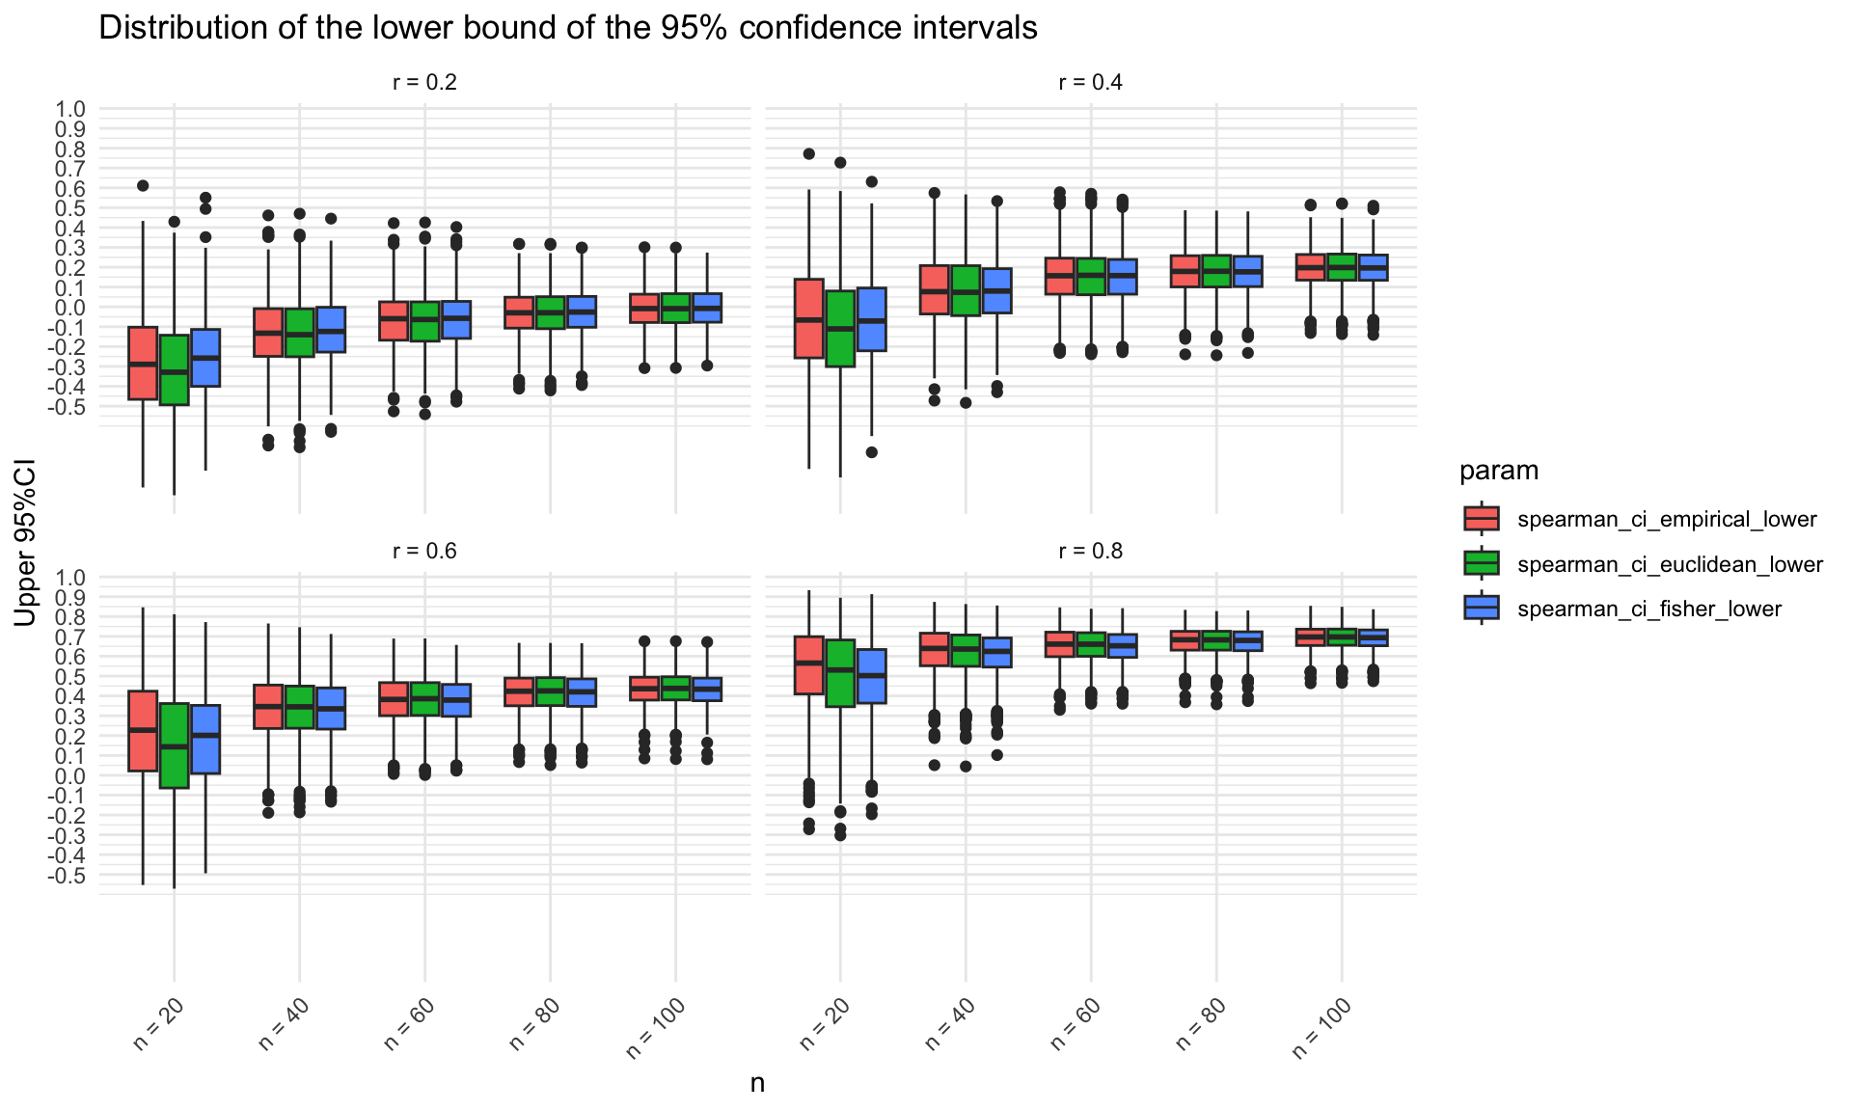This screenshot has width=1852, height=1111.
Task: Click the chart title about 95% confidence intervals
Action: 567,29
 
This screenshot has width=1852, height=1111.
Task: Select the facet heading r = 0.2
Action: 424,83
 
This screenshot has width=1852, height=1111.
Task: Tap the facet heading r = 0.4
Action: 1090,83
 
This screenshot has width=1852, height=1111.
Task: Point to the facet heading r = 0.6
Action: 424,552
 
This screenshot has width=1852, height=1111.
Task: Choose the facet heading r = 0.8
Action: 1090,552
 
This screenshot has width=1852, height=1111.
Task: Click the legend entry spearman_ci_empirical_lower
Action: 1667,520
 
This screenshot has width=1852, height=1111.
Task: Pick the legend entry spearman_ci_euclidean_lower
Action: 1670,565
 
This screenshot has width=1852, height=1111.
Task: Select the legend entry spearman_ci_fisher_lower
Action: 1649,610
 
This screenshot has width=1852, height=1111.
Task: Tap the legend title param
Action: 1498,471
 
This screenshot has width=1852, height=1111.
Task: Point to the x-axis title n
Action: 757,1083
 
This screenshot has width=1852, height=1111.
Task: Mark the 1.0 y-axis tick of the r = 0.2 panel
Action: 72,109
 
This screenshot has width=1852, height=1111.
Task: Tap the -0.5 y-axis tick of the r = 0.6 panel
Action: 70,876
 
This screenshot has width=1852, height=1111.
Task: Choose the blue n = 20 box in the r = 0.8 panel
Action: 871,676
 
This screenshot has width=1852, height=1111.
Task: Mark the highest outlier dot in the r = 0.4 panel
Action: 808,154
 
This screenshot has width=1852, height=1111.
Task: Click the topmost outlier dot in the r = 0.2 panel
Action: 143,186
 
